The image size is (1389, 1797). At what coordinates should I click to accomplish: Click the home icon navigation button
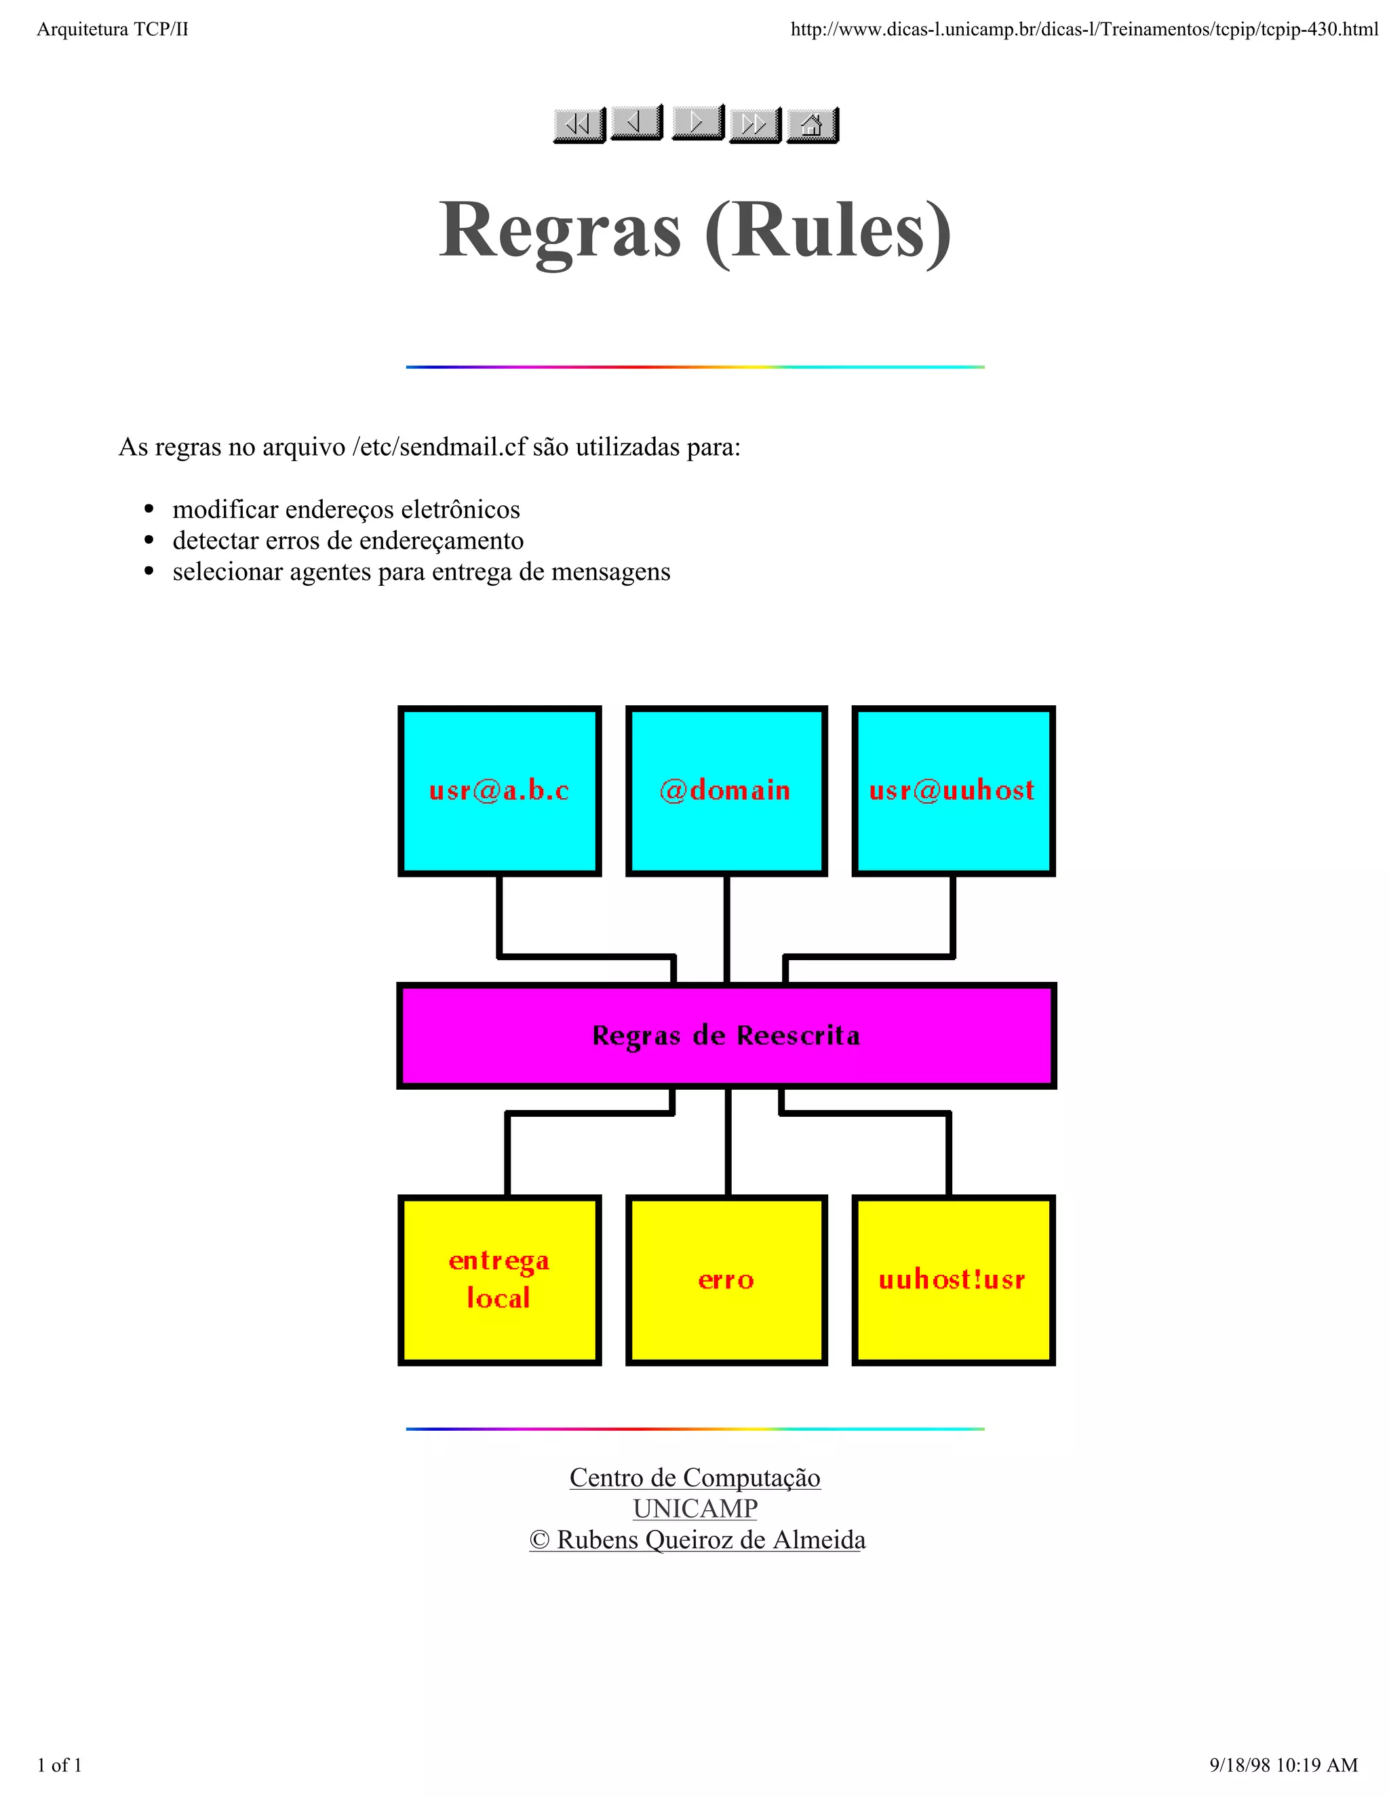(x=811, y=125)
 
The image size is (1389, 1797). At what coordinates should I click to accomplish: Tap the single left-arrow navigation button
(x=636, y=123)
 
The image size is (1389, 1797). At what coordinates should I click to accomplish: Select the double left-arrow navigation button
(x=579, y=125)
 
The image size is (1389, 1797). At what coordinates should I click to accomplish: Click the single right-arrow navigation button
(x=697, y=123)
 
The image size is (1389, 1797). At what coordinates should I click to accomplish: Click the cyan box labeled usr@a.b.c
(x=499, y=791)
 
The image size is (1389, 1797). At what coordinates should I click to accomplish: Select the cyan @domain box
(x=726, y=791)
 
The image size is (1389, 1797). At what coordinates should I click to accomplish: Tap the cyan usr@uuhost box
(x=953, y=791)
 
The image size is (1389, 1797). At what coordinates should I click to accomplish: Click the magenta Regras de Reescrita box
(x=726, y=1035)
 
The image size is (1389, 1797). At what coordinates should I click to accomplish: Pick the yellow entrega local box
(x=499, y=1280)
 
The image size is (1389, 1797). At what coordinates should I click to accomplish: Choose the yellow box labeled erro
(x=726, y=1280)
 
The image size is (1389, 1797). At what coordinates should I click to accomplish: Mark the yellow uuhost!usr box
(x=953, y=1280)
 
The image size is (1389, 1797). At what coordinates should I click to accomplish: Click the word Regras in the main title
(x=560, y=231)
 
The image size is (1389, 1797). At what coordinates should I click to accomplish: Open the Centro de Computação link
(x=694, y=1478)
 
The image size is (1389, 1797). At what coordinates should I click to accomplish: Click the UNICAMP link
(x=694, y=1509)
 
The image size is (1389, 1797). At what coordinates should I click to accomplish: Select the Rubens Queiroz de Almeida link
(x=710, y=1540)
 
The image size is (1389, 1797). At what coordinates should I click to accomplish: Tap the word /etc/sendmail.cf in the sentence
(x=439, y=447)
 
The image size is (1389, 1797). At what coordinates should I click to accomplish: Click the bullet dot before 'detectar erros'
(x=149, y=540)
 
